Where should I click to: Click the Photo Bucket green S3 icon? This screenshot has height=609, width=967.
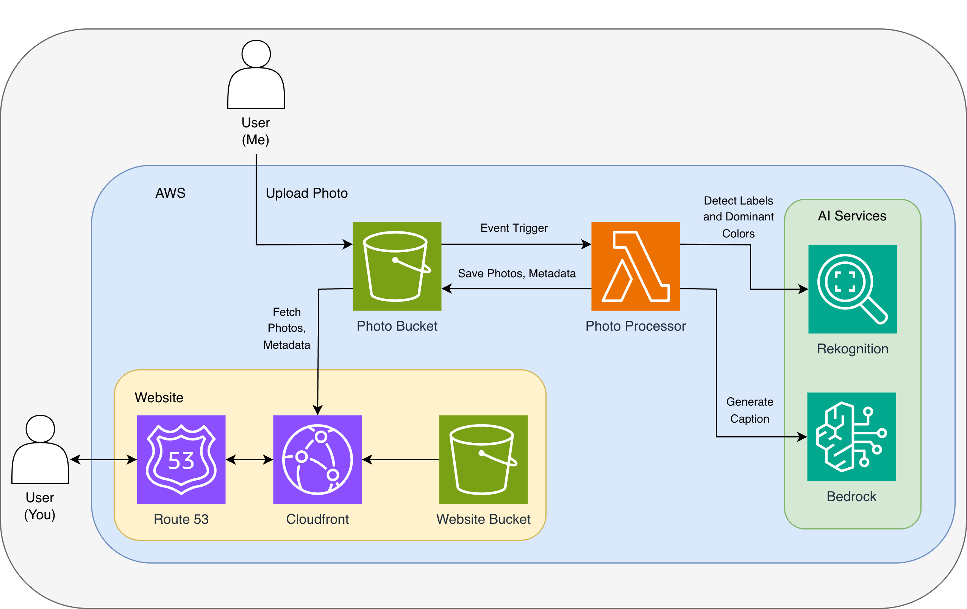click(397, 266)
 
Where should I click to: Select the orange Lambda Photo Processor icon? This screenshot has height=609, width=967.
click(635, 266)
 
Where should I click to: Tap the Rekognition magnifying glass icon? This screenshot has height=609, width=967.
click(852, 289)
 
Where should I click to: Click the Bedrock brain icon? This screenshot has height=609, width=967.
click(851, 436)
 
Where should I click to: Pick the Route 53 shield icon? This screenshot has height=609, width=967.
click(181, 459)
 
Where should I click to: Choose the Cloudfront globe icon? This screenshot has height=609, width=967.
click(317, 459)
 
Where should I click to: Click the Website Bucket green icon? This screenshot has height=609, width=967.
click(483, 459)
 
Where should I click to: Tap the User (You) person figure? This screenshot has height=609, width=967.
click(40, 450)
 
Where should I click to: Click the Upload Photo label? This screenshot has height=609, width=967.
click(306, 193)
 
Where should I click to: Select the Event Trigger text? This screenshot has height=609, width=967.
click(514, 228)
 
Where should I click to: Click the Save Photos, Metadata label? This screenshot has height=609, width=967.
click(516, 273)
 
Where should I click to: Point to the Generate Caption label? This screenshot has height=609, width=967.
click(749, 410)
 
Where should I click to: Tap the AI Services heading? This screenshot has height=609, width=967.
click(852, 216)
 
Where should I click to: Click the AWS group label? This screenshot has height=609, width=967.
click(170, 193)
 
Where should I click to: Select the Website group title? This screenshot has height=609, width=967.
click(159, 397)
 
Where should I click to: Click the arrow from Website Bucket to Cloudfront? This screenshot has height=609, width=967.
click(401, 459)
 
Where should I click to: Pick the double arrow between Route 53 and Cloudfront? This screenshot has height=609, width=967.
click(249, 459)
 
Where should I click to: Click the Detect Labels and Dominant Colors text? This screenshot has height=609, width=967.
click(738, 217)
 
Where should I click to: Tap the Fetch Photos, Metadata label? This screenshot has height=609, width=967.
click(287, 328)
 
